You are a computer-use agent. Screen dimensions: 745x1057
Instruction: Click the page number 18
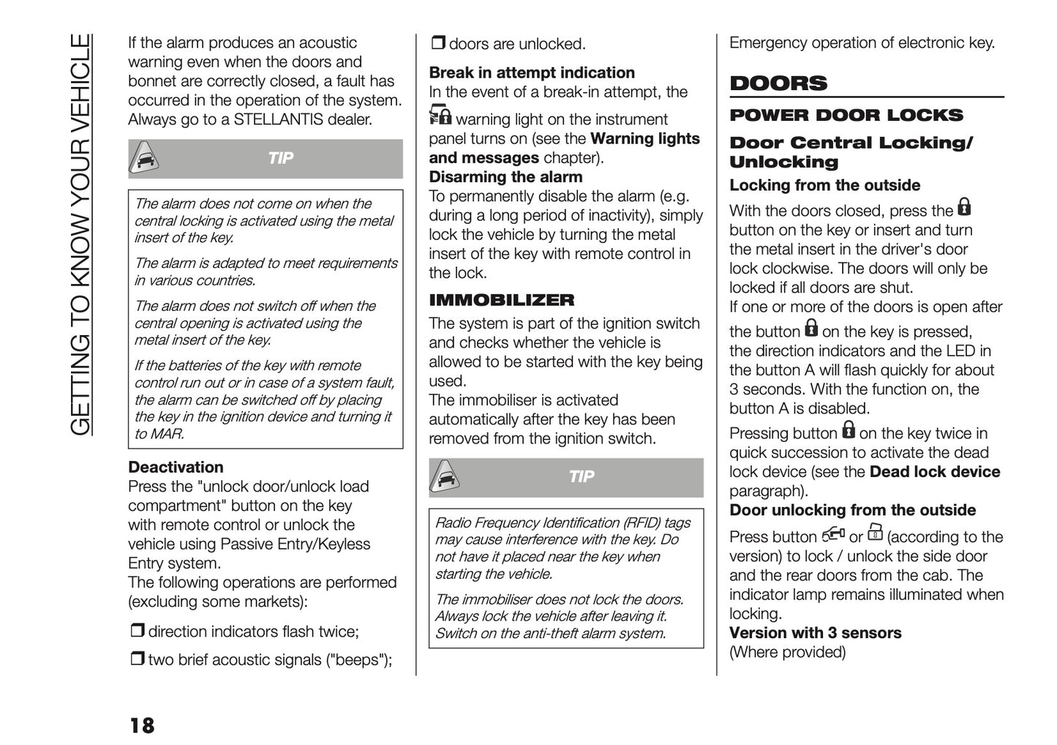pyautogui.click(x=142, y=725)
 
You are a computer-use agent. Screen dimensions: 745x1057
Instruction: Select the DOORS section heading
pyautogui.click(x=778, y=83)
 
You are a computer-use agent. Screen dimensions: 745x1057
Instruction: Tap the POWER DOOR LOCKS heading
pyautogui.click(x=846, y=116)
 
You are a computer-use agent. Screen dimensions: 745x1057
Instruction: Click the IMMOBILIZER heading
pyautogui.click(x=501, y=300)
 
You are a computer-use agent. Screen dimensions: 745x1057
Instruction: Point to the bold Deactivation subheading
pyautogui.click(x=176, y=467)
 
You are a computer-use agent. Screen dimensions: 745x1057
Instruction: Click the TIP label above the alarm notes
pyautogui.click(x=280, y=158)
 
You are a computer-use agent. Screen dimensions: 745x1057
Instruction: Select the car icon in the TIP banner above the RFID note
pyautogui.click(x=445, y=477)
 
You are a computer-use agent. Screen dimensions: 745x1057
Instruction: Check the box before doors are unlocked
pyautogui.click(x=437, y=43)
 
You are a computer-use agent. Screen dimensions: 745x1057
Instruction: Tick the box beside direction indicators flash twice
pyautogui.click(x=137, y=631)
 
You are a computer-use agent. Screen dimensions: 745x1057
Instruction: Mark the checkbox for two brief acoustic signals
pyautogui.click(x=137, y=659)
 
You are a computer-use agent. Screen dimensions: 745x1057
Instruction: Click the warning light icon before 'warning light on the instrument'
pyautogui.click(x=440, y=116)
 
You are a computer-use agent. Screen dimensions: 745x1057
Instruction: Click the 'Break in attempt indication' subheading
pyautogui.click(x=532, y=72)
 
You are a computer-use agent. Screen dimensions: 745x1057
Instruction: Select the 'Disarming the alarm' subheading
pyautogui.click(x=505, y=177)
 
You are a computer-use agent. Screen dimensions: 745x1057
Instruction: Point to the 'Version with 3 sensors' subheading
pyautogui.click(x=815, y=633)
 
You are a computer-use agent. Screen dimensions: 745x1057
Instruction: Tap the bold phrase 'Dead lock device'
pyautogui.click(x=934, y=472)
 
